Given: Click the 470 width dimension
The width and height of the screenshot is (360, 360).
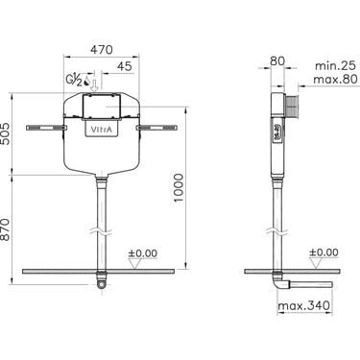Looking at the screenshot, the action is [x=102, y=50].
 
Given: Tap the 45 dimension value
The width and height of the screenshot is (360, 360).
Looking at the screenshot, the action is [x=124, y=66].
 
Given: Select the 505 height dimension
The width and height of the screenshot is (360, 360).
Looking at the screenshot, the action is [x=6, y=133].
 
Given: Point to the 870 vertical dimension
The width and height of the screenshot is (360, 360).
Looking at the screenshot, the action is [x=6, y=229].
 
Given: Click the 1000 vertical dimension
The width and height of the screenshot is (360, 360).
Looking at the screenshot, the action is [x=179, y=187].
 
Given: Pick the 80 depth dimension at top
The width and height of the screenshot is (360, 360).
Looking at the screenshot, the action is [x=277, y=60].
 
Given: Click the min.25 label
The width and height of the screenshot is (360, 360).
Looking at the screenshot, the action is [x=335, y=65].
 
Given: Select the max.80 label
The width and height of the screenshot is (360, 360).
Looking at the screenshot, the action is [x=335, y=79].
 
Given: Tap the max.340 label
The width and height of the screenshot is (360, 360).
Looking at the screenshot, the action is [x=303, y=305].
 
